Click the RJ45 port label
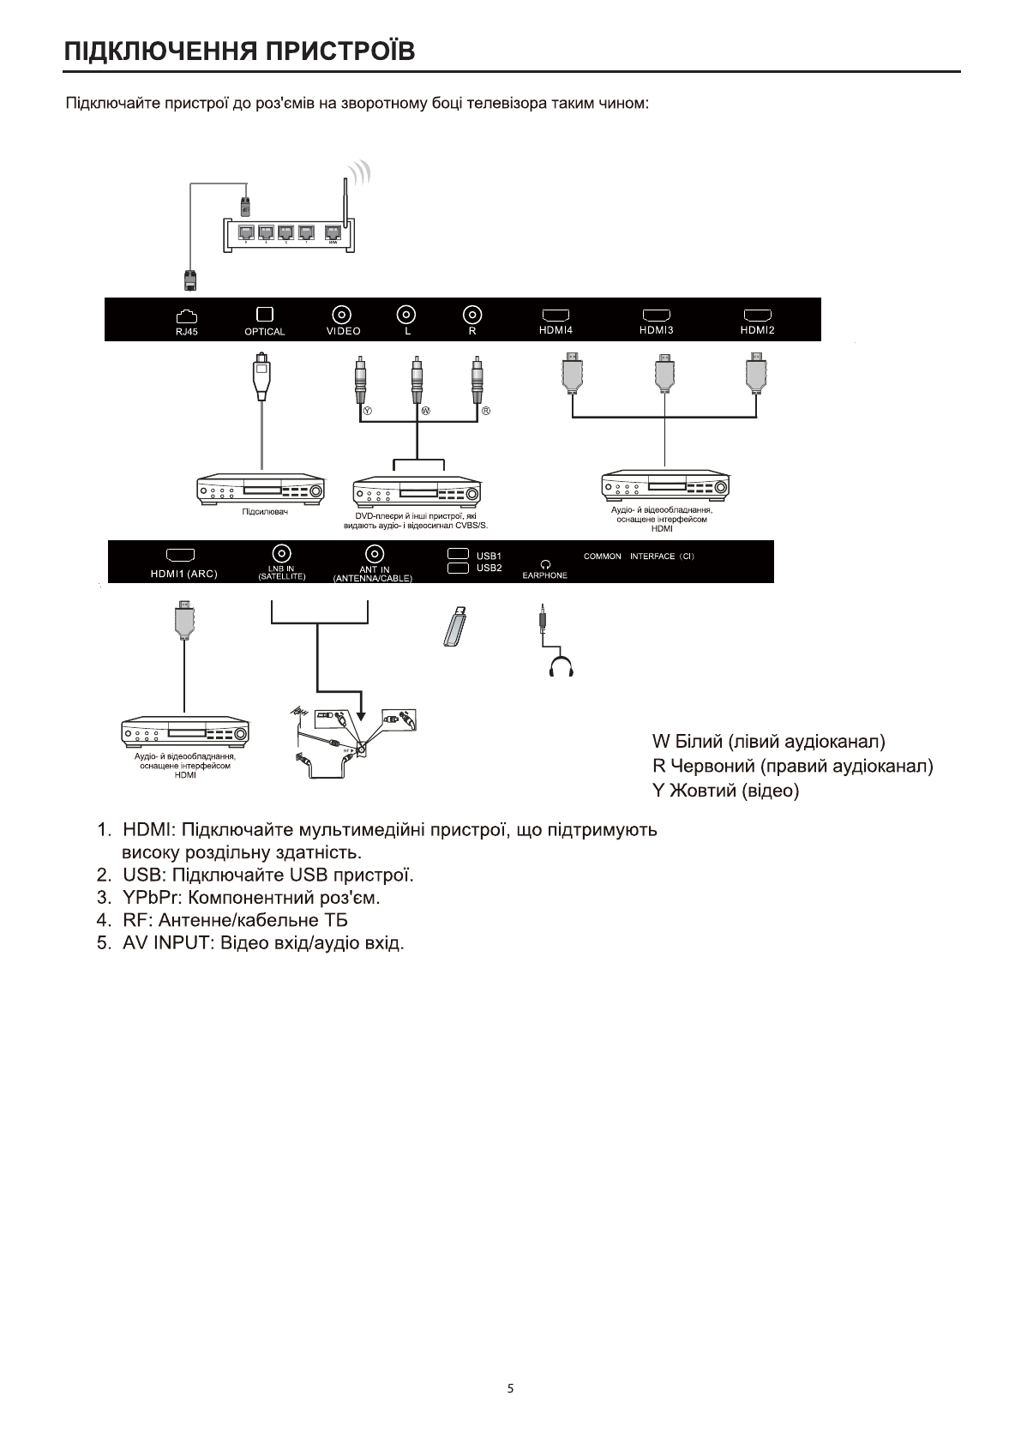(186, 332)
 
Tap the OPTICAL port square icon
(265, 314)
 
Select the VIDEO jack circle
(343, 314)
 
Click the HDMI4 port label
(556, 330)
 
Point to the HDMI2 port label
(757, 330)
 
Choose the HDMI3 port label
(657, 330)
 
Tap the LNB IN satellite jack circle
(282, 553)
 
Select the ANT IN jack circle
(373, 553)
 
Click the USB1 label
(489, 556)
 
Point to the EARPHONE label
(544, 575)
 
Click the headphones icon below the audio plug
(562, 666)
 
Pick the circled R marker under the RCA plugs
(485, 411)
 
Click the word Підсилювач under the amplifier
(264, 512)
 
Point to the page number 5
(511, 1388)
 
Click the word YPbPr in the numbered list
(151, 898)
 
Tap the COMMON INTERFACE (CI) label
(639, 557)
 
